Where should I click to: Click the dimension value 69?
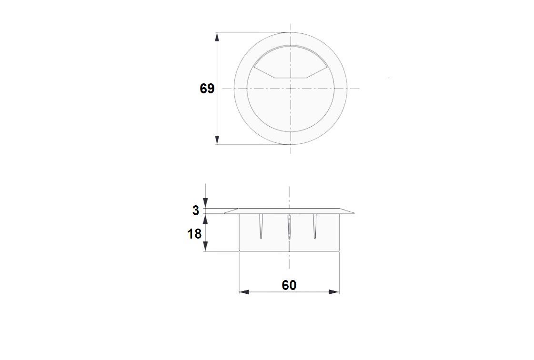(207, 89)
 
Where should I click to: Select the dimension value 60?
(289, 285)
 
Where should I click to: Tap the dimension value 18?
(195, 234)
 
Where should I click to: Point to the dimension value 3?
(196, 210)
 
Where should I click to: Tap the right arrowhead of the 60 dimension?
(334, 291)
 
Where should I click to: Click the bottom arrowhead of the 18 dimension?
(205, 247)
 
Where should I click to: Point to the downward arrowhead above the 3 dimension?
(205, 204)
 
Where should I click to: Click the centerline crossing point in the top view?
(291, 89)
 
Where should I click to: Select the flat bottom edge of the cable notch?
(291, 78)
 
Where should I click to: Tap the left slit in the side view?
(262, 226)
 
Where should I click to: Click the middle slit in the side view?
(289, 226)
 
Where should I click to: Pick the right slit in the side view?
(314, 226)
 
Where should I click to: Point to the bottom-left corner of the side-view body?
(239, 250)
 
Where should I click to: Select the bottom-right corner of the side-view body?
(339, 250)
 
